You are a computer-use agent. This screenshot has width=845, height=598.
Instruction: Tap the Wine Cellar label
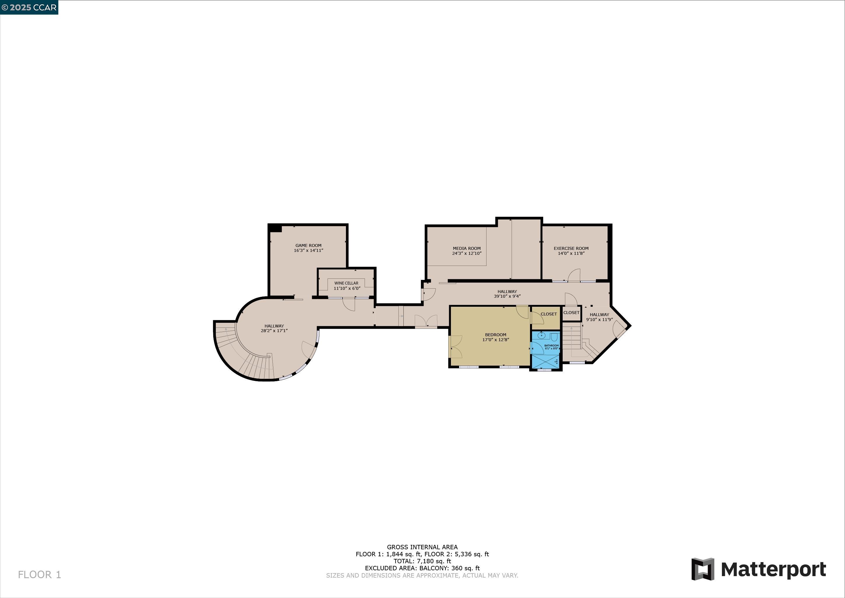(x=346, y=283)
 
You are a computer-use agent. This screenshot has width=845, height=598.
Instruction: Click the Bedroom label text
(x=495, y=335)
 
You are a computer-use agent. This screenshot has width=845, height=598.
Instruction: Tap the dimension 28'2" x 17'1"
(x=274, y=331)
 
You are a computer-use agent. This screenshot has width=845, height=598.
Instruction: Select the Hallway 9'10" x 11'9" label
(x=599, y=317)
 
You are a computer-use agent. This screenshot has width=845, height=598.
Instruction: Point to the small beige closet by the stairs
(x=571, y=313)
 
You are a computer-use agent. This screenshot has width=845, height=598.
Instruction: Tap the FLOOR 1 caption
(x=39, y=574)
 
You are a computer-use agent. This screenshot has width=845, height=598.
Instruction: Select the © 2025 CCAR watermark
(x=29, y=7)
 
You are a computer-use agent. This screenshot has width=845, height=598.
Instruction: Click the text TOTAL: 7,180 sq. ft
(x=422, y=561)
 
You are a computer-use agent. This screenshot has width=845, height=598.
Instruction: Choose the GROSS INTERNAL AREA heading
(x=422, y=547)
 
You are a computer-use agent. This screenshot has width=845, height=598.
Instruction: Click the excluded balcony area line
(x=422, y=568)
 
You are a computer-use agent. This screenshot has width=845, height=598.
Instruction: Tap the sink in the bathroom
(x=541, y=335)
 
